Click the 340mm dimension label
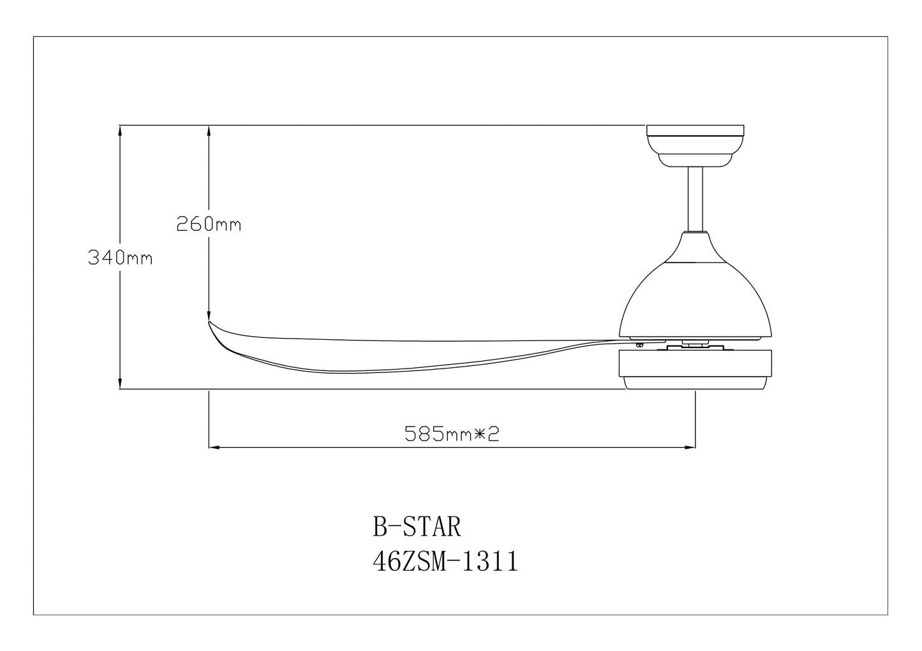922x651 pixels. (x=120, y=258)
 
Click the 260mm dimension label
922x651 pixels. (x=209, y=224)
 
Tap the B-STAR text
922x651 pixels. (x=416, y=528)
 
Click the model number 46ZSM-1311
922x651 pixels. (x=445, y=562)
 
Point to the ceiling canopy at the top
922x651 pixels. (x=695, y=131)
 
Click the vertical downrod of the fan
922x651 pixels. (x=695, y=198)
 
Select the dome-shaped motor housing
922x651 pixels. (x=695, y=293)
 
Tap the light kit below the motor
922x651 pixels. (x=695, y=370)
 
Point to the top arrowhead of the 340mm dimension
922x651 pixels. (x=120, y=129)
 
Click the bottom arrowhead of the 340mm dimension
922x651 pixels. (x=120, y=384)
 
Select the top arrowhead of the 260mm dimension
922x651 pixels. (x=209, y=129)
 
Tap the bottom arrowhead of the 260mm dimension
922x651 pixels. (x=209, y=315)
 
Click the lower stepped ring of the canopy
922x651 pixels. (x=695, y=159)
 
